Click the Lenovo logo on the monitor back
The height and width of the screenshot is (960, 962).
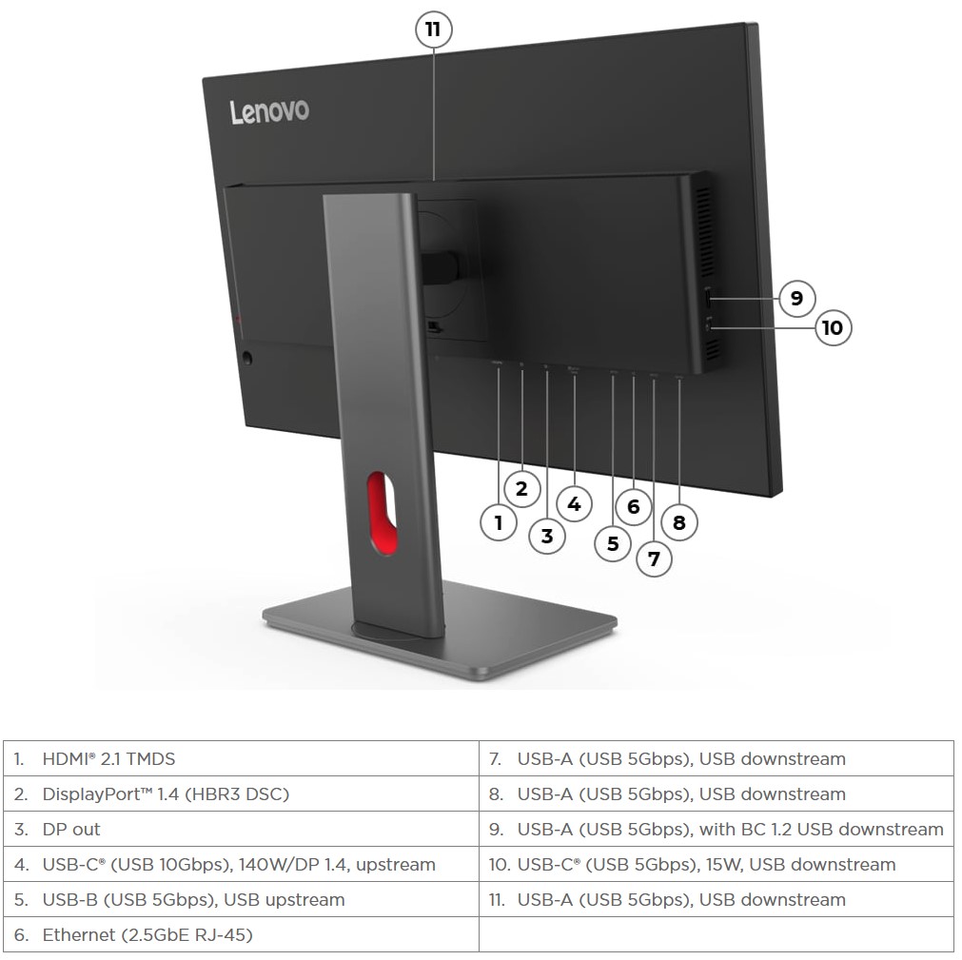269,111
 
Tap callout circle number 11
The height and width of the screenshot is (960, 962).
433,29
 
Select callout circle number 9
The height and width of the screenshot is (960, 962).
796,298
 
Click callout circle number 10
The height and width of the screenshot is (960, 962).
832,327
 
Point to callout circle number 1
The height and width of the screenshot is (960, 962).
499,521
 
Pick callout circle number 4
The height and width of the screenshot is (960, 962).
574,503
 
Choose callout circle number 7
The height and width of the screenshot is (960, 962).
654,558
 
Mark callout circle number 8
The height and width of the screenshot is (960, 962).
678,522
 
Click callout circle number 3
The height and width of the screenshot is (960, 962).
546,536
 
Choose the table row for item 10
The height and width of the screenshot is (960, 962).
716,865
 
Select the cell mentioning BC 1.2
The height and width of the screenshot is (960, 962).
716,830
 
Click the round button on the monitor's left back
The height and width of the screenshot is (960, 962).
248,359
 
